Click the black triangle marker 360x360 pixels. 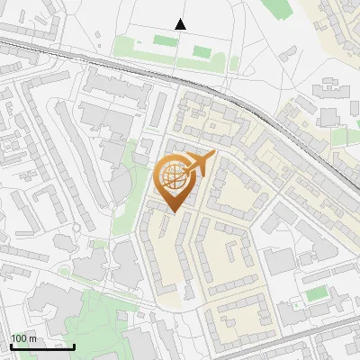click(181, 24)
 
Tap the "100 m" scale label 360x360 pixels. click(23, 338)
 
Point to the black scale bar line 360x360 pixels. click(42, 346)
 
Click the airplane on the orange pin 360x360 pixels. click(200, 164)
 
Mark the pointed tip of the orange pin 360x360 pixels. click(175, 211)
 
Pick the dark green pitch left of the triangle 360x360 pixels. click(165, 40)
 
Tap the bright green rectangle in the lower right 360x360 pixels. click(315, 294)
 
